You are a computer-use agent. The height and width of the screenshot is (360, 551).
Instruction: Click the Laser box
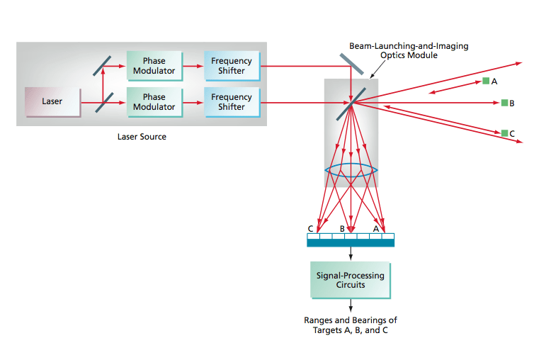point(52,101)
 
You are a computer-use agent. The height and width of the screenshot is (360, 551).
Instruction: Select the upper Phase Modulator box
point(154,66)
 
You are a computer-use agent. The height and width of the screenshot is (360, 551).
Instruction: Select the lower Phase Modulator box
point(154,102)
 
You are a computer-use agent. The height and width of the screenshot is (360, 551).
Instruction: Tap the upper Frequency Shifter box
point(232,66)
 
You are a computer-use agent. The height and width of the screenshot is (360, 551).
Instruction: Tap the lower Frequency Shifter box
point(232,102)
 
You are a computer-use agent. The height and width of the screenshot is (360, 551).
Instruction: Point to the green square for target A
point(486,81)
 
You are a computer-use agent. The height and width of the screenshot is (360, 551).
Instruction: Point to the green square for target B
point(504,103)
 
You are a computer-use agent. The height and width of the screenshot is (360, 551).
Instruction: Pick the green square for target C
point(504,133)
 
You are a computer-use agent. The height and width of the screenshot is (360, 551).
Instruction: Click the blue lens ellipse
point(351,170)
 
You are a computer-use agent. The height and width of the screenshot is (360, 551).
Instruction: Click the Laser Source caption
point(142,136)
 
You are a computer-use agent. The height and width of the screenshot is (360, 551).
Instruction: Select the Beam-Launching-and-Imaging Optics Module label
point(408,50)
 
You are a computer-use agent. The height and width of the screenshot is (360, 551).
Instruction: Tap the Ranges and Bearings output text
point(351,325)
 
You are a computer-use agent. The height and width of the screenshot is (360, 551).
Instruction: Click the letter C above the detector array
point(310,228)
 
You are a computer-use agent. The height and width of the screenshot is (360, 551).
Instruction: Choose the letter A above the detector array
point(376,228)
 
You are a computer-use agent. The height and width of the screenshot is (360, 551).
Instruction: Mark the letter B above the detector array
point(342,228)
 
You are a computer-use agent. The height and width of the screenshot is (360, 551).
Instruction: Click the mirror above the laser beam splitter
point(104,66)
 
